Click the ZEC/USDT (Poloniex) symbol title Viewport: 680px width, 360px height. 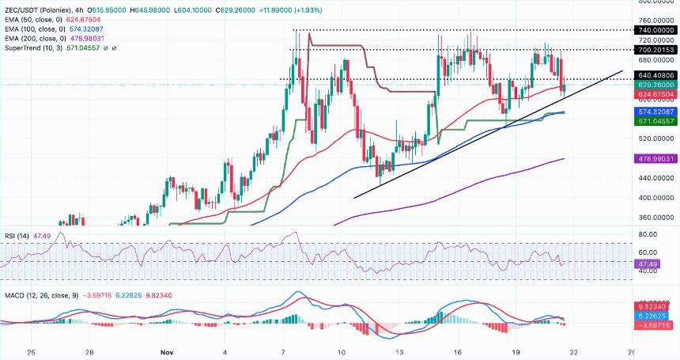[x=40, y=8]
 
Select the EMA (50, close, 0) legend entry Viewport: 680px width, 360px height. [x=36, y=18]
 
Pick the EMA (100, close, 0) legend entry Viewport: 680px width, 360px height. [x=38, y=28]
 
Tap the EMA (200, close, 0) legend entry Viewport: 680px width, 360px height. [x=38, y=39]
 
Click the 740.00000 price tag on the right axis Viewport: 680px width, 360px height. [x=655, y=29]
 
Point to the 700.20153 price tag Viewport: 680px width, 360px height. [x=655, y=49]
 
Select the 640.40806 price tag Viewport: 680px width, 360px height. [x=655, y=75]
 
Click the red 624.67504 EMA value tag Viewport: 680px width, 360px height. [x=655, y=94]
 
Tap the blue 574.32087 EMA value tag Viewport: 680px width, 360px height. [x=655, y=113]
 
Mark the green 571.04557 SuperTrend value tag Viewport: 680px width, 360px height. [x=655, y=122]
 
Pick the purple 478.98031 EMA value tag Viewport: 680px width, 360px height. [x=655, y=158]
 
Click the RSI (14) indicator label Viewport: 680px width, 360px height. [x=18, y=235]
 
